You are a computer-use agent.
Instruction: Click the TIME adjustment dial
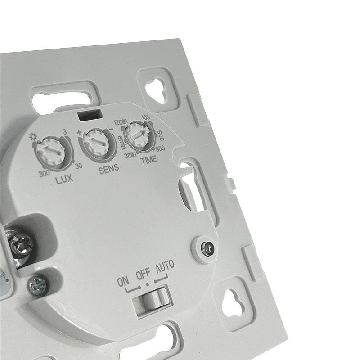tap(139, 135)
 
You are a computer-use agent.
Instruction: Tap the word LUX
tap(64, 179)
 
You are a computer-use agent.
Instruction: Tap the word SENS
tap(109, 169)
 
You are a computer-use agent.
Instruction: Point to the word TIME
tap(149, 160)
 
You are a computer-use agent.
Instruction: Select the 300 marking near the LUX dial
tap(44, 174)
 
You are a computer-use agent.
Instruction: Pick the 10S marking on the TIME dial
tap(146, 118)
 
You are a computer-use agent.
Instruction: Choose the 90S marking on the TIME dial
tap(160, 148)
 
